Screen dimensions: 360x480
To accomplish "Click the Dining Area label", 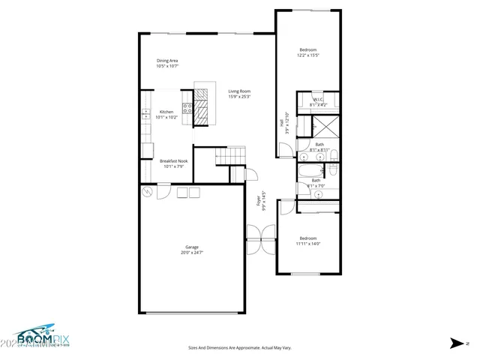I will pos(167,63).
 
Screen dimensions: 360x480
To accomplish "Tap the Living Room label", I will pos(239,94).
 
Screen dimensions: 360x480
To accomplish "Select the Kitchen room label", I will pos(166,114).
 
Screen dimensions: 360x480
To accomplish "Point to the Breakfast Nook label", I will pos(173,163).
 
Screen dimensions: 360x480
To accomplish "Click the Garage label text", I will pos(192,250).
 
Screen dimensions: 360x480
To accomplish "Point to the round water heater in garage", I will pos(148,193).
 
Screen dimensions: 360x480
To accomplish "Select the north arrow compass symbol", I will pos(457,343).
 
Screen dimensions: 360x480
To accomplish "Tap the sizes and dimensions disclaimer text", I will pos(238,348).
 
